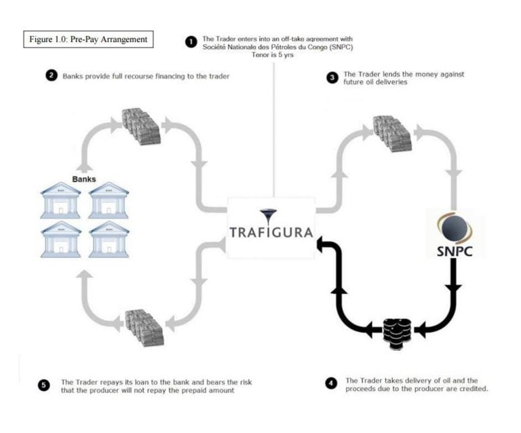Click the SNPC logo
click(x=454, y=234)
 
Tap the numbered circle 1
click(x=191, y=41)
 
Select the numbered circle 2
click(x=52, y=75)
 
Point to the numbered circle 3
click(x=332, y=77)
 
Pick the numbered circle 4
click(x=331, y=383)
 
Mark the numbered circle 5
click(x=45, y=385)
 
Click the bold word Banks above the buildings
click(x=85, y=180)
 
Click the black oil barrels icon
click(x=394, y=331)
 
